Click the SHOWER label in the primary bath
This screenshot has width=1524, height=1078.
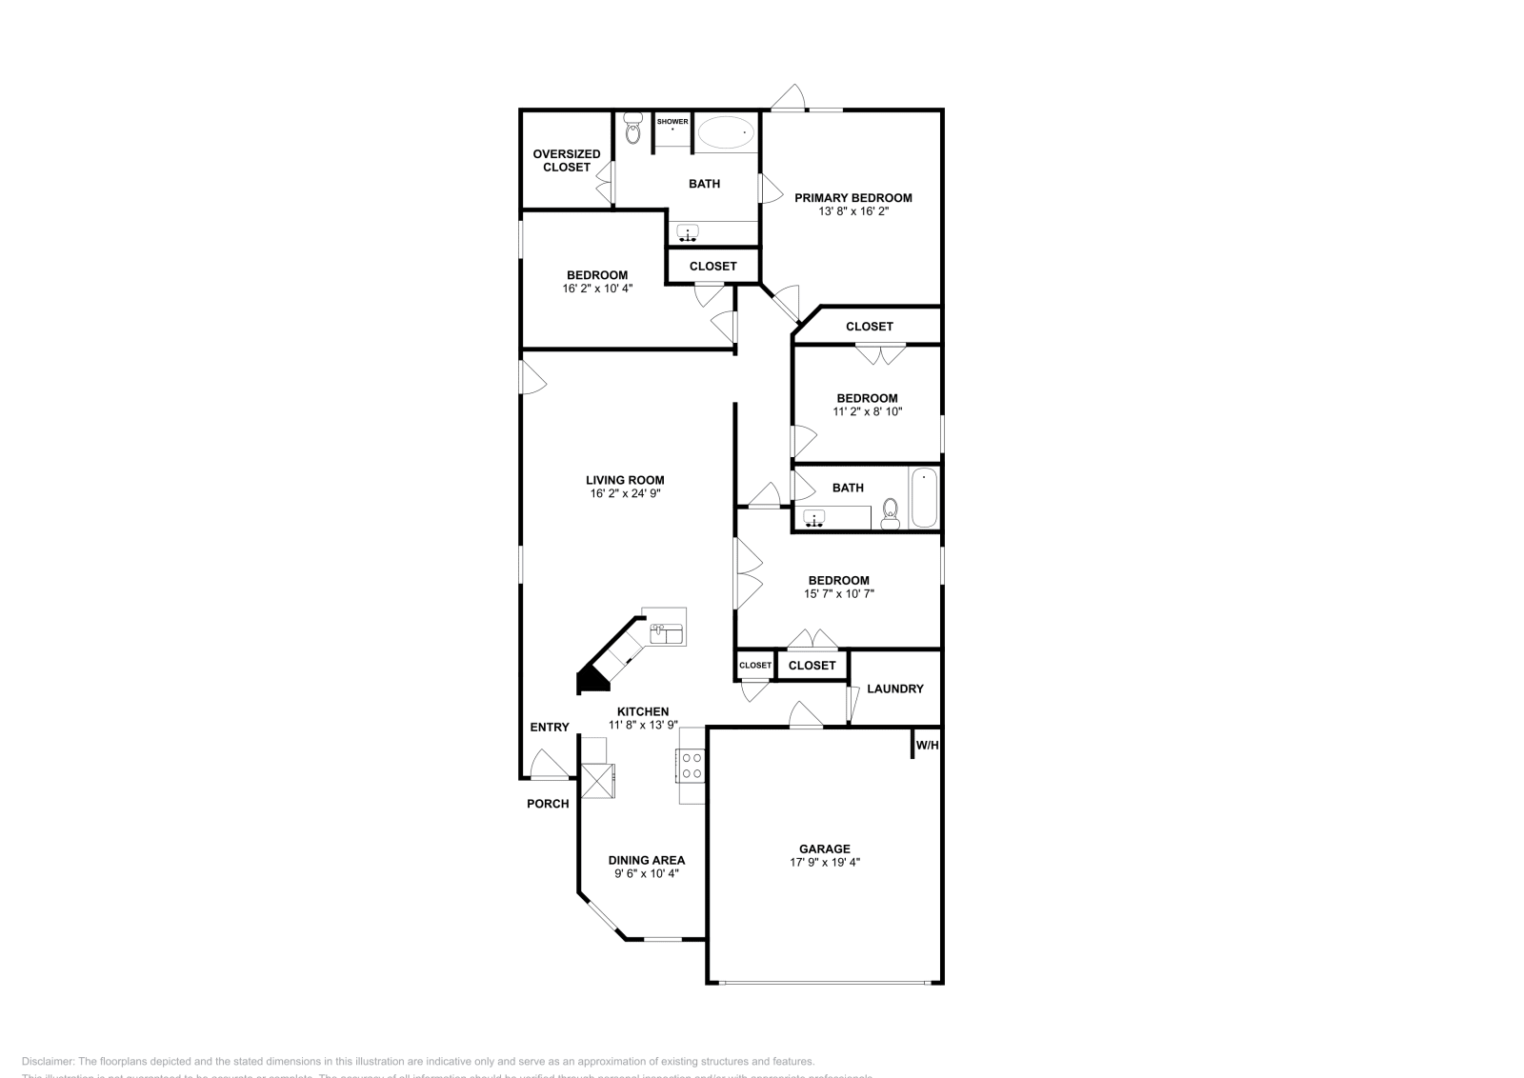pos(672,122)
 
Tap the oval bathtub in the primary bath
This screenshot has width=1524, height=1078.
pos(724,133)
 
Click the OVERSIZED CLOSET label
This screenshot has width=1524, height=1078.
pos(567,160)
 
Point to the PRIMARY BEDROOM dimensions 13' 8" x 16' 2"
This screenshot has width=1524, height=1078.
pos(852,211)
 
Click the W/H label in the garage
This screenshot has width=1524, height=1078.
pos(927,745)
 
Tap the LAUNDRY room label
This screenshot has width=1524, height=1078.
pos(894,689)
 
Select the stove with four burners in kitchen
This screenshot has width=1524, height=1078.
pos(692,765)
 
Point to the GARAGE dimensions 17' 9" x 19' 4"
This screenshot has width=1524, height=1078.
pos(825,862)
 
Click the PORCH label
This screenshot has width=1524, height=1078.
pos(548,804)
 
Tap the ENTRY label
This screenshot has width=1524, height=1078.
pos(550,728)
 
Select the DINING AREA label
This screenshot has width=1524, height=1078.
pos(647,860)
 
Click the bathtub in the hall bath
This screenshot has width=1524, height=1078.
pos(924,499)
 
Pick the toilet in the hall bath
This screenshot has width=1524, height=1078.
pos(891,512)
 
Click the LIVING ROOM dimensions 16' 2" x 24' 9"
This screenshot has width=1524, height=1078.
pos(625,493)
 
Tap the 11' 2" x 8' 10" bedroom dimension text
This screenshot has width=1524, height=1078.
pos(867,411)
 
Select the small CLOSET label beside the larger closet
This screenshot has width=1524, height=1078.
pos(755,665)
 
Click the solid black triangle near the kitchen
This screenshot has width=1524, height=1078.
pos(592,681)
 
